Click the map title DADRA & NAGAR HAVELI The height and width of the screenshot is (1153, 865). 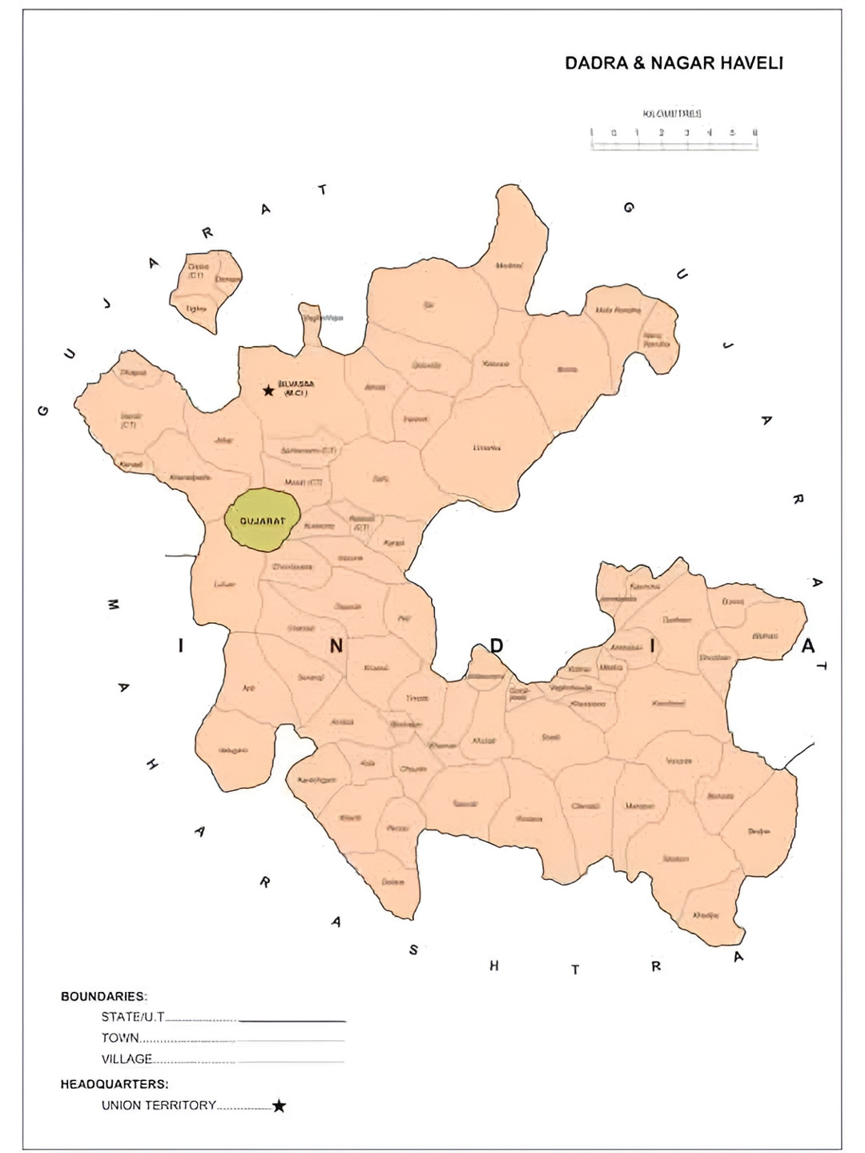pos(674,63)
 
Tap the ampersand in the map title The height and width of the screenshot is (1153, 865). pos(638,63)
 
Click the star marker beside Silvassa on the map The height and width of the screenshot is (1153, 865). pos(268,391)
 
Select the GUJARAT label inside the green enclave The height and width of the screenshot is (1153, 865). pos(262,521)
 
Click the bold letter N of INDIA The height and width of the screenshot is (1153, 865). pos(336,646)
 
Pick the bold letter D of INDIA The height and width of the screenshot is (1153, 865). pos(497,645)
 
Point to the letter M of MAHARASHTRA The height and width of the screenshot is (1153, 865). pos(113,605)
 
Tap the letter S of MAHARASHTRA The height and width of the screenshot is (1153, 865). pos(413,950)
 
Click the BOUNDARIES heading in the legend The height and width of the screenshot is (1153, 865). pos(104,997)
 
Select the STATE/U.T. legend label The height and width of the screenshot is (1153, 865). pos(133,1017)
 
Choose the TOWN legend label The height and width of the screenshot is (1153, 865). pos(120,1038)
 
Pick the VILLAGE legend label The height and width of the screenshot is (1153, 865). pos(127,1059)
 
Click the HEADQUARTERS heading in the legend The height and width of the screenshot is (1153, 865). pos(115,1084)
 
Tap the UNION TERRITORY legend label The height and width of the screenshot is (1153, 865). pos(159,1105)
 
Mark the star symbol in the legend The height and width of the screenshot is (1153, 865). pos(279,1106)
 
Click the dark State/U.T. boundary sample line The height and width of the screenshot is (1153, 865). pos(292,1022)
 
